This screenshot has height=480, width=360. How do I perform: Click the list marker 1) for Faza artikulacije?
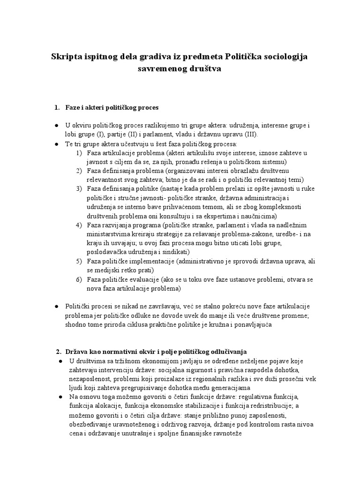coord(79,153)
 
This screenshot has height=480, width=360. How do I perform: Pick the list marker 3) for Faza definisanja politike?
coord(79,188)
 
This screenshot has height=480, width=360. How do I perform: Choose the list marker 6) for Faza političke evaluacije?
coord(79,279)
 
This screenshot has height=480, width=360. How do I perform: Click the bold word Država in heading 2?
coord(77,352)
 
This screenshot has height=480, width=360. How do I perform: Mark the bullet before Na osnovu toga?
coord(61,397)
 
